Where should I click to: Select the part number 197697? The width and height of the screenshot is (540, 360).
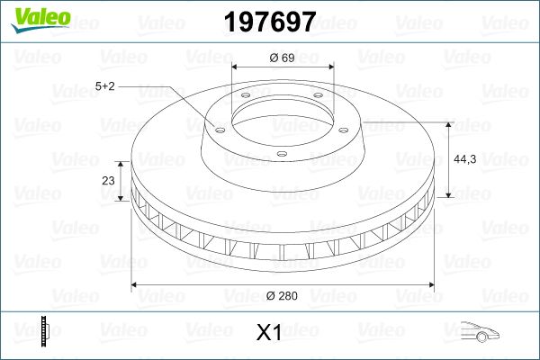(x=269, y=20)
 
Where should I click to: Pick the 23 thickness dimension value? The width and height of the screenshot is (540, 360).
(x=109, y=180)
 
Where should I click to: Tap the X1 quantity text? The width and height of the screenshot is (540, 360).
(x=269, y=333)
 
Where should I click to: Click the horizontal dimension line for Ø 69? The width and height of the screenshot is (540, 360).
(x=283, y=67)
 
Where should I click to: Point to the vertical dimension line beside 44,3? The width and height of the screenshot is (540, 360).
(x=449, y=157)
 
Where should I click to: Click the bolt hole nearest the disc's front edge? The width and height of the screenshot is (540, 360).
(x=281, y=155)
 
